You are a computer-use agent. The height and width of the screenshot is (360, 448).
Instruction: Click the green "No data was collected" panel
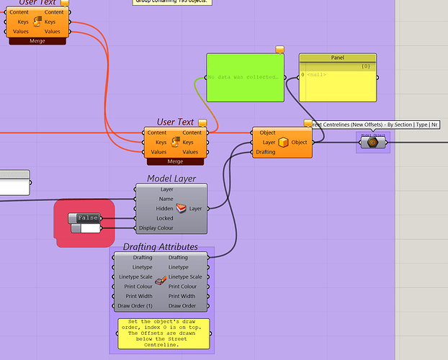[x=245, y=77]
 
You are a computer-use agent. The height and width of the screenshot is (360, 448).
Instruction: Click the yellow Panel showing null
[x=337, y=84]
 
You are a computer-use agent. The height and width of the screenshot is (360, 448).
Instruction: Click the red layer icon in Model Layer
[x=181, y=209]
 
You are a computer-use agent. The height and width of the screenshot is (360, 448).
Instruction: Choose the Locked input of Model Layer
[x=164, y=218]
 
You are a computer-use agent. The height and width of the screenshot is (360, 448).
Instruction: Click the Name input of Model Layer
[x=166, y=199]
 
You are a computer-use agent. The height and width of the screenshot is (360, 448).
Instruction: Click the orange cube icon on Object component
[x=284, y=142]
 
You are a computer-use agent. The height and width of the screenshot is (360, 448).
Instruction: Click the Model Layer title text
[x=171, y=179]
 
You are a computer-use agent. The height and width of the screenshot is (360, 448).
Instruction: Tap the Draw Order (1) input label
[x=139, y=306]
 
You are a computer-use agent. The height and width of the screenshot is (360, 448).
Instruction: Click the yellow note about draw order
[x=163, y=333]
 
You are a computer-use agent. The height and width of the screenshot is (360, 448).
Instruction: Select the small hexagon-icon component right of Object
[x=372, y=143]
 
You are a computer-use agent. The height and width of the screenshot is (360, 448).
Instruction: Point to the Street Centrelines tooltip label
[x=375, y=125]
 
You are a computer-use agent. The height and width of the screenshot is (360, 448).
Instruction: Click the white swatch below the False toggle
[x=90, y=228]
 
